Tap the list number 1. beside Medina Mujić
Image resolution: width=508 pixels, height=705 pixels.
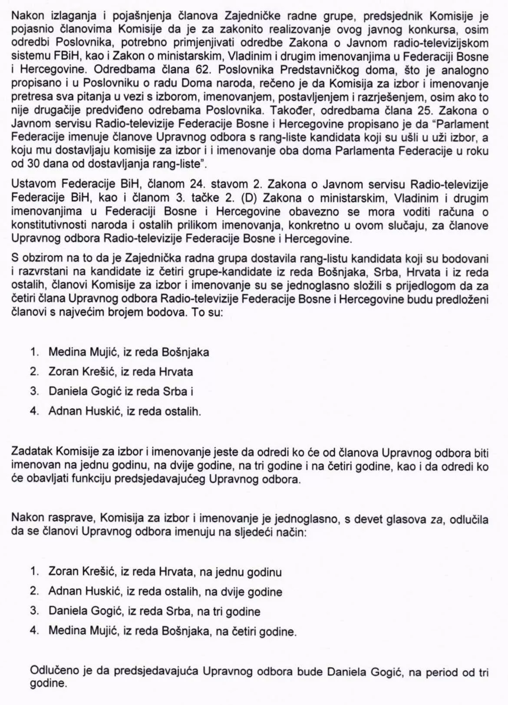point(35,352)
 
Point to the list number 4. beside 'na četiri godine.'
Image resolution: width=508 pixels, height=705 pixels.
point(35,631)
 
